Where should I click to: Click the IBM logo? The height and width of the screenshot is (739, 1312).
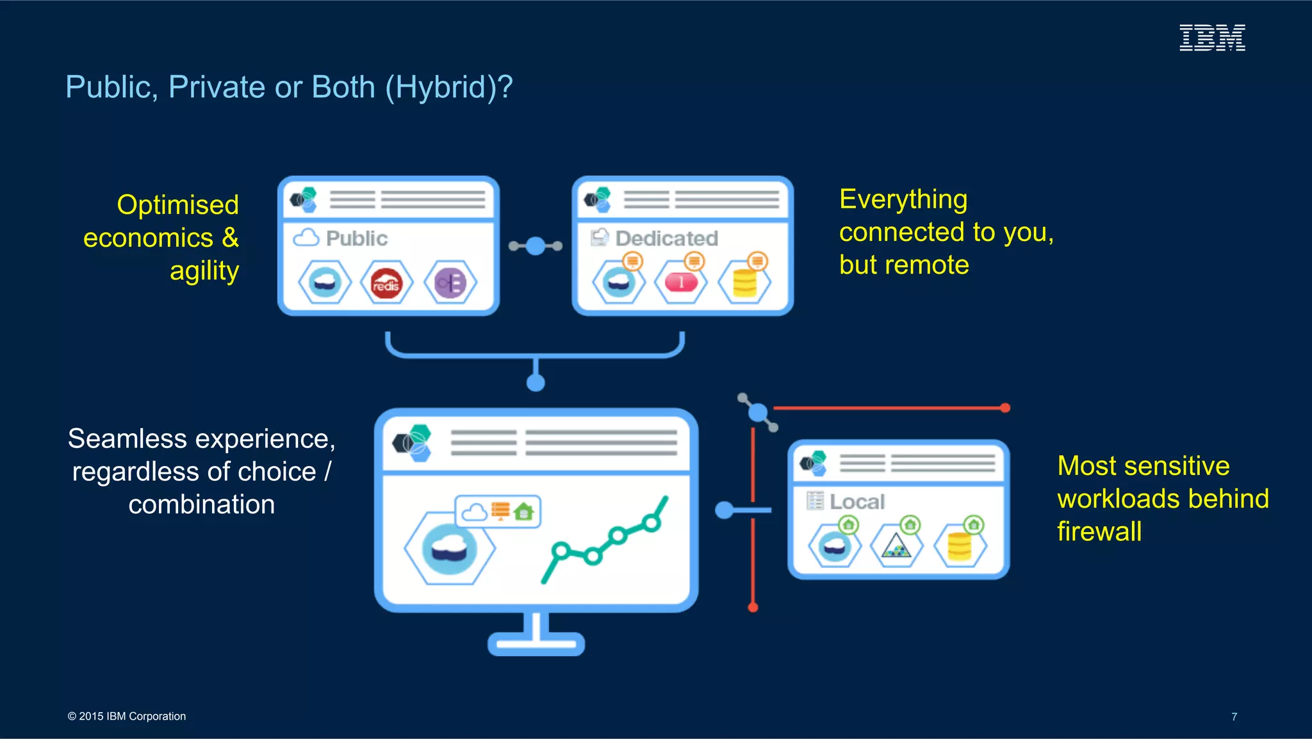click(x=1212, y=38)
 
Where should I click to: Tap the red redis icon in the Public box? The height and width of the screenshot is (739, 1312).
click(x=386, y=283)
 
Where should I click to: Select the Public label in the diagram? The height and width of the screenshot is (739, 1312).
click(x=357, y=238)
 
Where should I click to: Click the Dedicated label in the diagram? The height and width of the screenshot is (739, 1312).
click(x=666, y=238)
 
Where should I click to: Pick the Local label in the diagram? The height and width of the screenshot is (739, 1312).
click(x=857, y=502)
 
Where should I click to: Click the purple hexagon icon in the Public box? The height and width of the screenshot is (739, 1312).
click(x=450, y=283)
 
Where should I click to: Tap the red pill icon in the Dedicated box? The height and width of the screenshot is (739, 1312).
click(x=680, y=283)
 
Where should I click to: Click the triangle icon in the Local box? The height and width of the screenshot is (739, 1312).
click(x=896, y=547)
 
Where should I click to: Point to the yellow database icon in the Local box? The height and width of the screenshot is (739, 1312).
click(x=960, y=547)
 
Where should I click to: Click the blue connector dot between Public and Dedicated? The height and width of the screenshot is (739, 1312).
click(x=536, y=246)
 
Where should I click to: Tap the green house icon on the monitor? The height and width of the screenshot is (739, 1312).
click(x=524, y=511)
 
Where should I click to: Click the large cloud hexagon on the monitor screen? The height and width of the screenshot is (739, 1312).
click(x=450, y=549)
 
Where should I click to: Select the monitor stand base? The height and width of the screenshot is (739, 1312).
click(x=536, y=644)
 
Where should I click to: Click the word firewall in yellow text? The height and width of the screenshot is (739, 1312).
click(x=1099, y=532)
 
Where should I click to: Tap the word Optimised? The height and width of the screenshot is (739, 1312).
click(x=177, y=205)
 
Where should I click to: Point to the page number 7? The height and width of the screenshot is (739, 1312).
click(x=1234, y=717)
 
